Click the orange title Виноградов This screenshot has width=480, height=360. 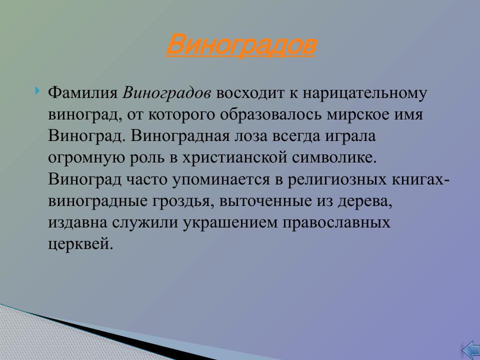point(240,45)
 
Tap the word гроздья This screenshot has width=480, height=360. point(175,201)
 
